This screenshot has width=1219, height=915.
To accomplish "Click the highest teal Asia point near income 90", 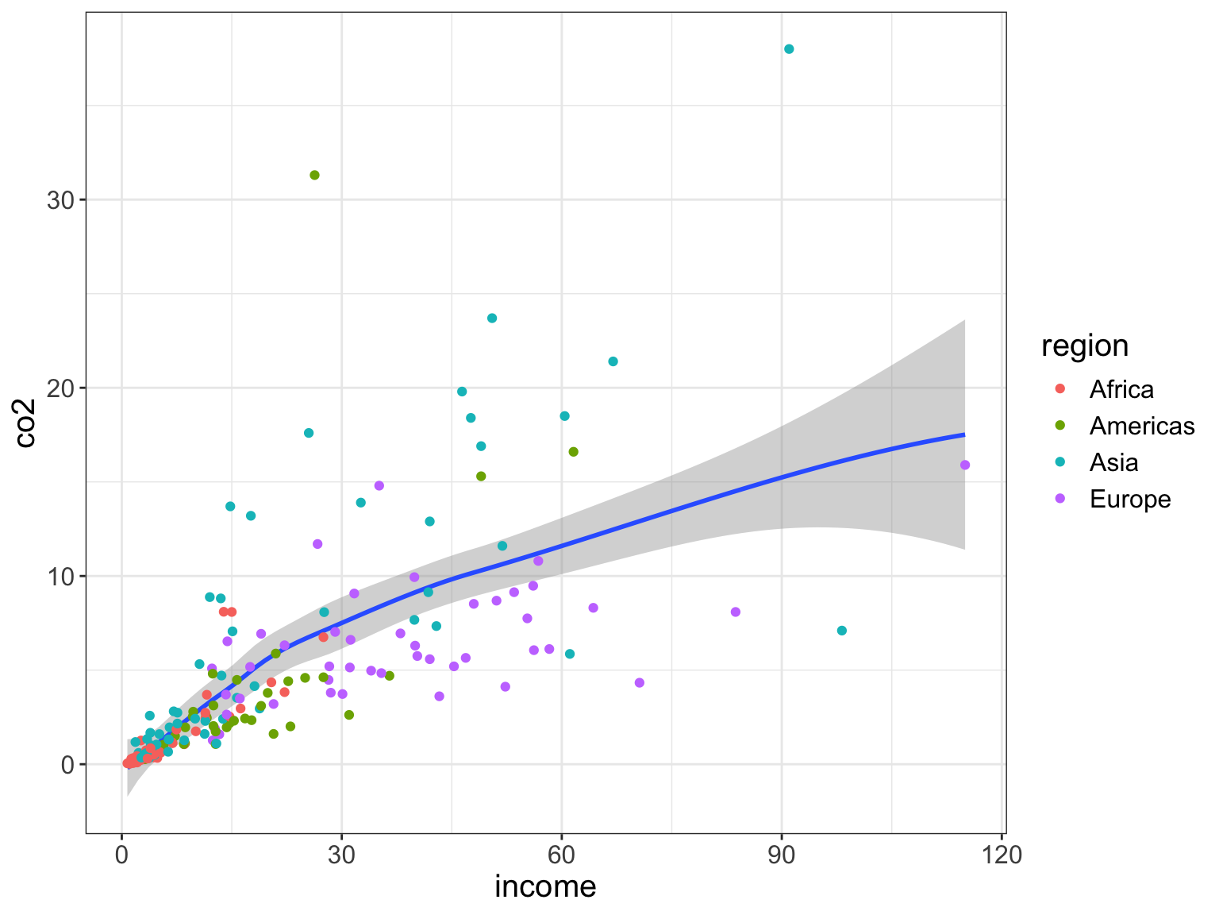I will (x=789, y=49).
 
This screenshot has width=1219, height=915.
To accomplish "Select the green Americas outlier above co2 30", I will (x=314, y=176).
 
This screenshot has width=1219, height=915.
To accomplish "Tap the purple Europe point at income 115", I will (x=965, y=465).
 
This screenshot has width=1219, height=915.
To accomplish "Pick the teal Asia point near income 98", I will (x=842, y=631).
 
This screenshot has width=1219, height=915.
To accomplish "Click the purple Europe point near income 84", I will (x=736, y=612).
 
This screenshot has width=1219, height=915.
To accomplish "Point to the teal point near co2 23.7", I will (x=492, y=319).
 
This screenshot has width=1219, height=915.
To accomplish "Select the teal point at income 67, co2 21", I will (x=613, y=362).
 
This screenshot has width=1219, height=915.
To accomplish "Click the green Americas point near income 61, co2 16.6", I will (x=574, y=452).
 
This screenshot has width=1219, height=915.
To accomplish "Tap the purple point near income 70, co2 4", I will (x=640, y=683).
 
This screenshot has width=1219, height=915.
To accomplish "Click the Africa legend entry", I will (x=1121, y=389).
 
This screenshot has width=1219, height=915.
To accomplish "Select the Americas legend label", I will (x=1141, y=427).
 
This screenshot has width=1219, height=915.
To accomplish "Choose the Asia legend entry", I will (x=1113, y=463).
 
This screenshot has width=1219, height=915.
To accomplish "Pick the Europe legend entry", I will (x=1129, y=500).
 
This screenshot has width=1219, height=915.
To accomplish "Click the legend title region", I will (x=1085, y=346).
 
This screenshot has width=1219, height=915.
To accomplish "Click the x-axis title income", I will (x=545, y=886).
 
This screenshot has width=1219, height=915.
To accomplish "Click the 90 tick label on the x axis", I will (x=782, y=857).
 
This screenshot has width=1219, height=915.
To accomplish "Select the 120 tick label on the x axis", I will (x=1002, y=857).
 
